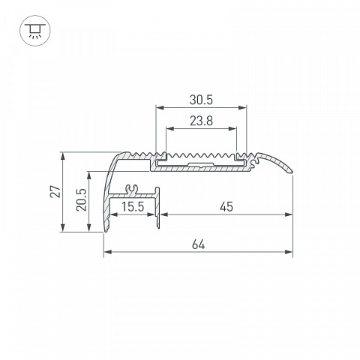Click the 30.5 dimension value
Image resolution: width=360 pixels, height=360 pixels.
pyautogui.click(x=201, y=100)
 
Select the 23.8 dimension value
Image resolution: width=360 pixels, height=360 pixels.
pyautogui.click(x=201, y=121)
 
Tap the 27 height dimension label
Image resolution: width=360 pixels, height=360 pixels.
pyautogui.click(x=55, y=192)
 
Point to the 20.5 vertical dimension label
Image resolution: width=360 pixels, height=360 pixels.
pyautogui.click(x=82, y=199)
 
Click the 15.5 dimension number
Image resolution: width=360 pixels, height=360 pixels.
pyautogui.click(x=133, y=207)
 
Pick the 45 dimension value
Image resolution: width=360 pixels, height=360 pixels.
pyautogui.click(x=226, y=207)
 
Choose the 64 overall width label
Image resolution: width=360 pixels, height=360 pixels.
pyautogui.click(x=199, y=244)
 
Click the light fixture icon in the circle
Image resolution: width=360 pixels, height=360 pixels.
pyautogui.click(x=35, y=31)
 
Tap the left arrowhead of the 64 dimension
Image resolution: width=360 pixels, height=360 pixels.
pyautogui.click(x=107, y=252)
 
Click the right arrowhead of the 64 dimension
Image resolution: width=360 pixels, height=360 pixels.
pyautogui.click(x=289, y=252)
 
